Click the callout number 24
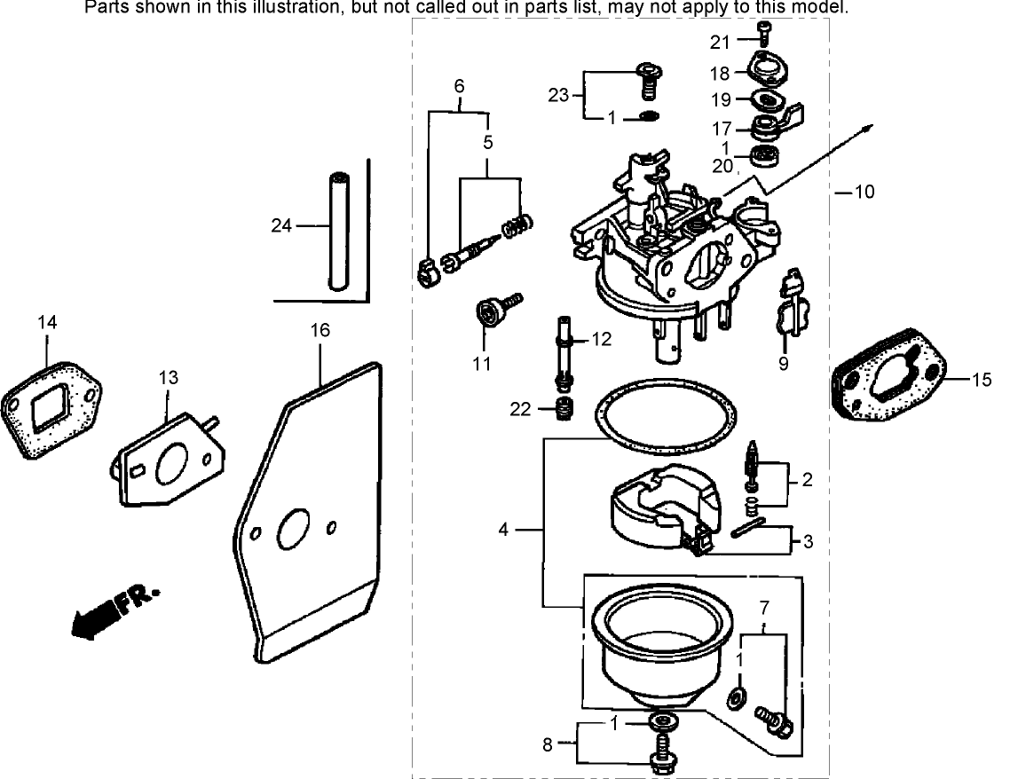[x=281, y=226]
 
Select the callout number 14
[x=47, y=323]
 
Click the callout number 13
[x=168, y=377]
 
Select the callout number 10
[x=864, y=192]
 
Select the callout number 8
[x=547, y=744]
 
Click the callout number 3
[x=807, y=539]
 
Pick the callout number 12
[x=602, y=338]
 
